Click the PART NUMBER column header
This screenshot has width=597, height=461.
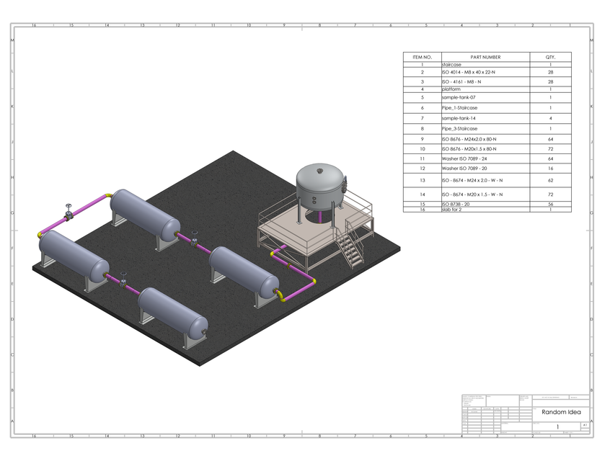tap(485, 57)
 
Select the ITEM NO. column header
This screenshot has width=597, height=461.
tap(422, 57)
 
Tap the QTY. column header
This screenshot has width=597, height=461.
tap(550, 57)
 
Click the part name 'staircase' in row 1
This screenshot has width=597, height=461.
tap(451, 65)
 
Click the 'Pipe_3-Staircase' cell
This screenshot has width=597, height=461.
tap(459, 129)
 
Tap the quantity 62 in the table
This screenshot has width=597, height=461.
tap(550, 180)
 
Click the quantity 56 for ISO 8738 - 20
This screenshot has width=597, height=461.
tap(550, 205)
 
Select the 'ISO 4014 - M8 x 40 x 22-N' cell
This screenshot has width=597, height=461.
tap(468, 72)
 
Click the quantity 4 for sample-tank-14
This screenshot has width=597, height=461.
tap(550, 117)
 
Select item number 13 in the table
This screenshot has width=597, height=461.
tap(422, 180)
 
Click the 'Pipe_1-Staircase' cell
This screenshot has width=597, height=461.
tap(459, 107)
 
